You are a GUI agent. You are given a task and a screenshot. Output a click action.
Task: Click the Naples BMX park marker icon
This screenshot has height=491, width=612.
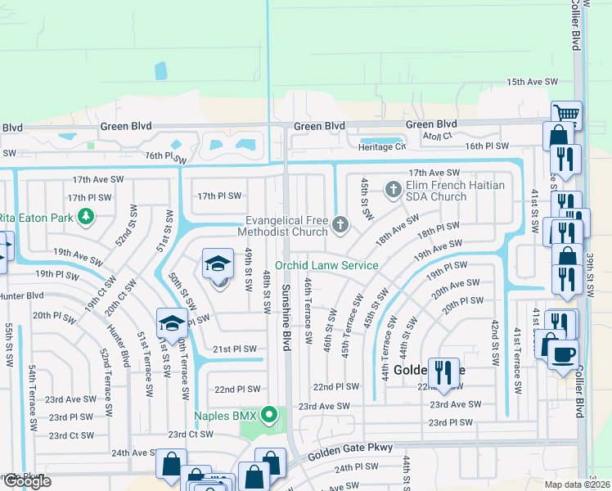[x=268, y=416]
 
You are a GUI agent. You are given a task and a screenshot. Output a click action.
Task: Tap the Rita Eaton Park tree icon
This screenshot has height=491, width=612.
[x=85, y=217]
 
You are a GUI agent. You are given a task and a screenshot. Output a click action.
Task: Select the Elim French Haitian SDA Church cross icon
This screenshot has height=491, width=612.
[x=394, y=191]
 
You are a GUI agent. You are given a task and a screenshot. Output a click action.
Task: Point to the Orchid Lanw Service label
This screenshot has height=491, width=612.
[x=326, y=265]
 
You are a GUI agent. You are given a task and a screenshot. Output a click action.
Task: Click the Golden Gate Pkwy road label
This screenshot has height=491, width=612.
[x=352, y=448]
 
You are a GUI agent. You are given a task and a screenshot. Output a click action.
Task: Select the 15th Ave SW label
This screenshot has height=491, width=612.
[x=531, y=83]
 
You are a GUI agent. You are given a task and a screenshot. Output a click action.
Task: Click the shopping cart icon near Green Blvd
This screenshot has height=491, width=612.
[x=565, y=114]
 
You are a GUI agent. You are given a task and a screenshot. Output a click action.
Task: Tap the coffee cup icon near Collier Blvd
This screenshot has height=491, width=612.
[x=562, y=354]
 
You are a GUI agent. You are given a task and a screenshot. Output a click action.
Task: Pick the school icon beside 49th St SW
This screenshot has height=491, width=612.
[x=217, y=264]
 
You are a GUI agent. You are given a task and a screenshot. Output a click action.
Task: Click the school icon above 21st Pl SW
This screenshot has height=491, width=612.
[x=172, y=323]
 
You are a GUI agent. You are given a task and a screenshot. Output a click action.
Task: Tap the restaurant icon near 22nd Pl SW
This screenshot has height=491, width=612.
[x=443, y=372]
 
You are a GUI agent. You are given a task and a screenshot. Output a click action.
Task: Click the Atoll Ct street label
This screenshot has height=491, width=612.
[x=436, y=136]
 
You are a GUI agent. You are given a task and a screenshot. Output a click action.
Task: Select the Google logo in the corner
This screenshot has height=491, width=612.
[x=26, y=481]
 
